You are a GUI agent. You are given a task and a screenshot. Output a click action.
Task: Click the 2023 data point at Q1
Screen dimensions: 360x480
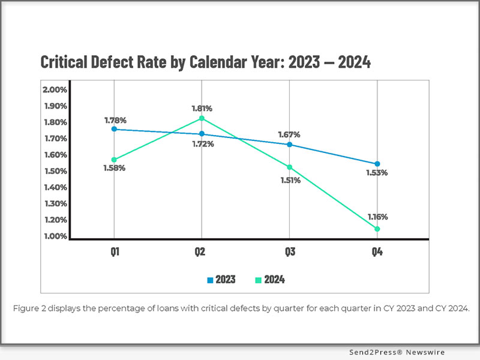(x=114, y=129)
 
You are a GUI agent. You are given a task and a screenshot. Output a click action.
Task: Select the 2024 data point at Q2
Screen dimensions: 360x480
(x=202, y=118)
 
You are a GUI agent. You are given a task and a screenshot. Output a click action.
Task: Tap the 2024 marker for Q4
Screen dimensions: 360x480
(x=377, y=229)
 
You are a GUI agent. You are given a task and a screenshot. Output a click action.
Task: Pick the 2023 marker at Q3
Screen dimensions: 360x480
(x=290, y=145)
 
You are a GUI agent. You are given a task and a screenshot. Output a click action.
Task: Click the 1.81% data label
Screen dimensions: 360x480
(x=202, y=109)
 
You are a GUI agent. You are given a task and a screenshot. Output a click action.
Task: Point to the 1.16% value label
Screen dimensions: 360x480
(x=377, y=217)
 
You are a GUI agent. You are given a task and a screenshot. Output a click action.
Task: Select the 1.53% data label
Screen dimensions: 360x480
(x=377, y=173)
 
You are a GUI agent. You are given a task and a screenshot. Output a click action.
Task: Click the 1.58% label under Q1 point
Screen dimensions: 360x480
(x=114, y=168)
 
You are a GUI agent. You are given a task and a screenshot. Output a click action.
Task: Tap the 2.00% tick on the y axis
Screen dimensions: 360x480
(x=55, y=90)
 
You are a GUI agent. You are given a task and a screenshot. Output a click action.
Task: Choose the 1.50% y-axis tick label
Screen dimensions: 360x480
(x=55, y=171)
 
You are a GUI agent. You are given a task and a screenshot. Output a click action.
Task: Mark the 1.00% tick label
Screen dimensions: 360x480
(x=55, y=236)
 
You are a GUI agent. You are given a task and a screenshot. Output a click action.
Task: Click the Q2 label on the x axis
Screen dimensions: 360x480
(x=202, y=253)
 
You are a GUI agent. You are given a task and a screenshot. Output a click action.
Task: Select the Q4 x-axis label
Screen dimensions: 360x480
(x=377, y=253)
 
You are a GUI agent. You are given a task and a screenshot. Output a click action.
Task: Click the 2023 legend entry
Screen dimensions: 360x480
(x=221, y=280)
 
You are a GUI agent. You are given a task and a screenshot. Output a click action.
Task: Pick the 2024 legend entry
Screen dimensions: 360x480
(x=270, y=280)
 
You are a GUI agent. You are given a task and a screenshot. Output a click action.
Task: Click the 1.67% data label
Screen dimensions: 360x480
(x=289, y=134)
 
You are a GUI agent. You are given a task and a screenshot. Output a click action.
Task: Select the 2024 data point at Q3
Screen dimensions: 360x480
(x=290, y=167)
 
